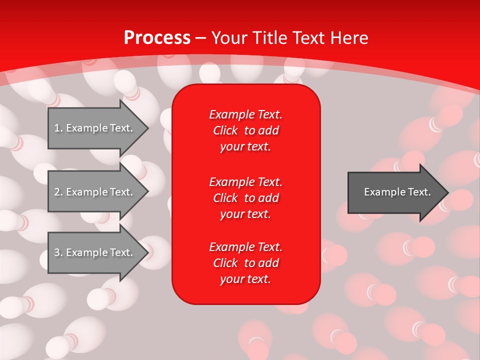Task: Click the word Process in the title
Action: click(157, 38)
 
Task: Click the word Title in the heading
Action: click(269, 37)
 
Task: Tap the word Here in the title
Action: click(349, 37)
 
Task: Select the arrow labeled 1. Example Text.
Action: click(98, 128)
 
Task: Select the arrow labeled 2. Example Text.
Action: click(98, 191)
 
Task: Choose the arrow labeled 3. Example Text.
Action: click(98, 252)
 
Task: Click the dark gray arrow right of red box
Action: click(398, 192)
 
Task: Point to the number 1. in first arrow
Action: click(58, 128)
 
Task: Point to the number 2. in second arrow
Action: click(58, 192)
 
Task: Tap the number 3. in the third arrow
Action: click(58, 252)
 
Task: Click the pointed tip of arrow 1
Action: click(149, 128)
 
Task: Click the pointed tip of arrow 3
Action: click(149, 252)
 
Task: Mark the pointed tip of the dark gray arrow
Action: click(449, 192)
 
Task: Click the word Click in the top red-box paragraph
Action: click(225, 130)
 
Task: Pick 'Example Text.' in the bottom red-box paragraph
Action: click(246, 246)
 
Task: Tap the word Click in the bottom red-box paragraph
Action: click(225, 263)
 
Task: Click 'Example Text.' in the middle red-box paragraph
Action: click(246, 182)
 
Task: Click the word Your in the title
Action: click(229, 37)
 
